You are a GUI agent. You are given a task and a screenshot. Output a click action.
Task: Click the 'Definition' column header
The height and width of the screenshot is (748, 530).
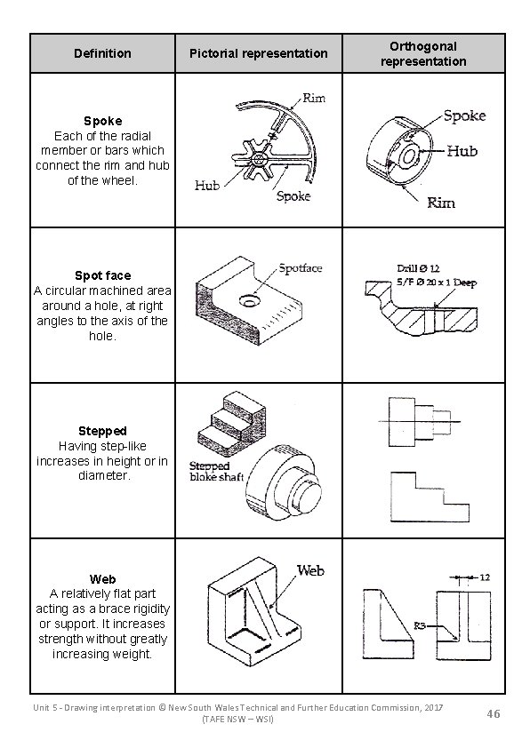coord(101,53)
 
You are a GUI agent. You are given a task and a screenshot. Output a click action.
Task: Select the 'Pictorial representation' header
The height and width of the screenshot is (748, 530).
coord(258,53)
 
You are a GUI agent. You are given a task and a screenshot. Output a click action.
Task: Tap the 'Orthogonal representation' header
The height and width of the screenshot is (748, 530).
coord(422,53)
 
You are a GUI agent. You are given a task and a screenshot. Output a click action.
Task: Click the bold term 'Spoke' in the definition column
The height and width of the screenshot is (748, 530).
coord(102,120)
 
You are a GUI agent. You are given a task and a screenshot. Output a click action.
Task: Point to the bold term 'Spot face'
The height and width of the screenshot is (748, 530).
coord(102,275)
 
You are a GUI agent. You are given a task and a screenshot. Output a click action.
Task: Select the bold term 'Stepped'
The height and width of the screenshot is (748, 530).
coord(102,431)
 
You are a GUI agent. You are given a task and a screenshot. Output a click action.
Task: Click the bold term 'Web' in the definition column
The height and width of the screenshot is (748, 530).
coord(102,578)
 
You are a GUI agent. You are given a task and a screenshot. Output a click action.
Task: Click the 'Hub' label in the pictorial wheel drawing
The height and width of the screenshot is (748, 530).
coord(207,186)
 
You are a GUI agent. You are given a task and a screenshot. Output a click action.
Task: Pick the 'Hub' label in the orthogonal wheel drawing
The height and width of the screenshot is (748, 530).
coord(462,151)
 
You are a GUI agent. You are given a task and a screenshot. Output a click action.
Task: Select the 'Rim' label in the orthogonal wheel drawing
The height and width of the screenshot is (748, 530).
coord(440,203)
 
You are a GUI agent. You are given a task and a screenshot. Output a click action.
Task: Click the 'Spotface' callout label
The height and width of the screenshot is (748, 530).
coord(301,267)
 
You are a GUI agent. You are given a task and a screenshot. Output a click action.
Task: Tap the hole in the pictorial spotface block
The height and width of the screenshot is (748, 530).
coord(245,301)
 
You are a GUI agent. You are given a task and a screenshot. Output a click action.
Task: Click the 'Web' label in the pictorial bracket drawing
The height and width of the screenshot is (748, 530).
coord(309,570)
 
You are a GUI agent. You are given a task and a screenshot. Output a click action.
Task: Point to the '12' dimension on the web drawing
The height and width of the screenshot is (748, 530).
coord(484,577)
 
